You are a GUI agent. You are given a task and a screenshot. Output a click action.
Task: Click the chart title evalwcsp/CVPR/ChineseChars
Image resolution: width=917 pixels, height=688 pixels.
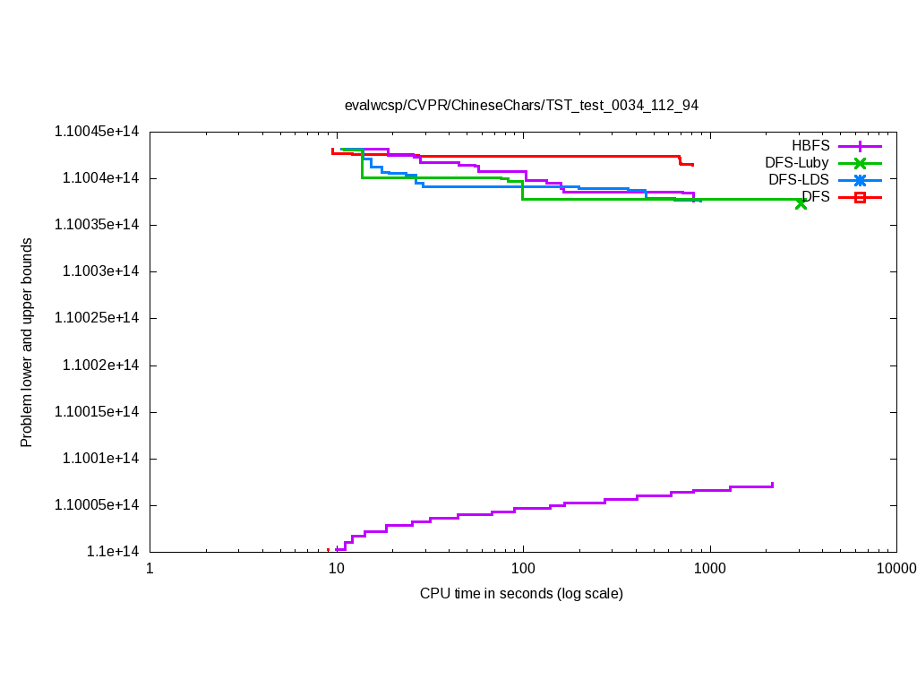(x=521, y=105)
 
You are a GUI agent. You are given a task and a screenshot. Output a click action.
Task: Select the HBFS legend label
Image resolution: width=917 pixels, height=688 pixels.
(x=810, y=145)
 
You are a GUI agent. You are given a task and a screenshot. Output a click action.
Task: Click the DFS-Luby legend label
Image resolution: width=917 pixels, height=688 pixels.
(x=796, y=162)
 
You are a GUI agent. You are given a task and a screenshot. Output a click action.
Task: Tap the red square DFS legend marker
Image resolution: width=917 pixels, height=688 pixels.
(x=860, y=197)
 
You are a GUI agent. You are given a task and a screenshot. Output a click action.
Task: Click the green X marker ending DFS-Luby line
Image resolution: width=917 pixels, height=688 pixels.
(x=801, y=203)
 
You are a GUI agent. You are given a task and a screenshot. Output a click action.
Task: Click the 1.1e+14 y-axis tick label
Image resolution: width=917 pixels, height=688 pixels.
(x=112, y=552)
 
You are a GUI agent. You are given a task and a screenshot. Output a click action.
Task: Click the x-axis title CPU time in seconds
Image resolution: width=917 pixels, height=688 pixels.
(x=521, y=593)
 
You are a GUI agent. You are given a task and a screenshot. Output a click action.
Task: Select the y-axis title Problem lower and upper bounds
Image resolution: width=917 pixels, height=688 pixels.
(x=27, y=342)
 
